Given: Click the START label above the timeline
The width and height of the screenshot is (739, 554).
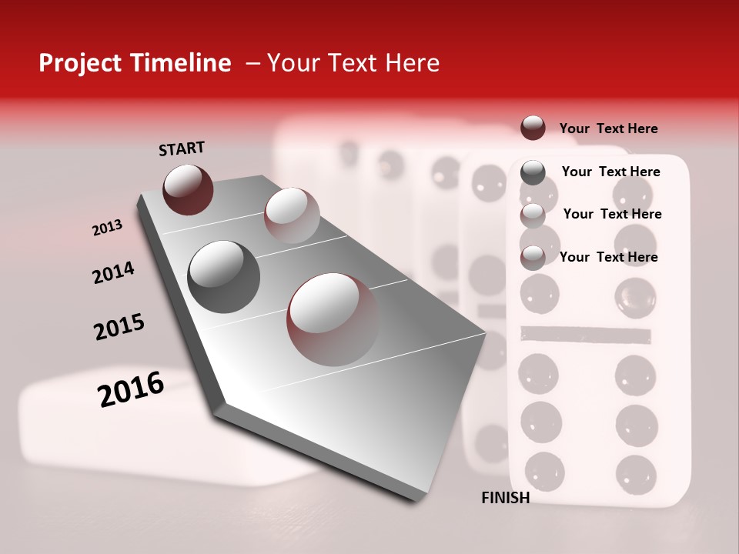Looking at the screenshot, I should tap(182, 149).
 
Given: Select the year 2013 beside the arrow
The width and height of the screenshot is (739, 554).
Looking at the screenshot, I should tap(107, 228).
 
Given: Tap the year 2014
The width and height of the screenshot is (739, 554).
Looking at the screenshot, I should tap(113, 273).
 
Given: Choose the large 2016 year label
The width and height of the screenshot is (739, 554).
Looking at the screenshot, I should tap(131, 389).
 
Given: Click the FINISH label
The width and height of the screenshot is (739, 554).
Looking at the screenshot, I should tap(505, 498).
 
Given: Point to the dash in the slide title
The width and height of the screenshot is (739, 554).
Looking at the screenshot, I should tap(252, 63).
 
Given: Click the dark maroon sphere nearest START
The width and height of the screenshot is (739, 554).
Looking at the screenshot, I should tap(188, 189).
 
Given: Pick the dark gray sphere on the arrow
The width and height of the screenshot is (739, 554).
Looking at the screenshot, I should tap(223, 276).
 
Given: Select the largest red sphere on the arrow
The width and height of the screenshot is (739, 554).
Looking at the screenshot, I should tap(333, 319).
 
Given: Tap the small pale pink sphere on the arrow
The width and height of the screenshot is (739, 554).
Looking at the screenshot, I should tap(291, 215).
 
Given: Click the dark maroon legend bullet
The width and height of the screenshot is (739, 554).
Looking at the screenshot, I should tap(533, 128).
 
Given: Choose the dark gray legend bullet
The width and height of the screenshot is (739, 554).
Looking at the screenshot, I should tap(533, 172).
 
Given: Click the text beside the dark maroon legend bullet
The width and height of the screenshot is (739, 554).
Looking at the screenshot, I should tap(608, 128).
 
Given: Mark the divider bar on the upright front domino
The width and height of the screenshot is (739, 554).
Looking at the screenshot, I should tap(585, 334).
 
